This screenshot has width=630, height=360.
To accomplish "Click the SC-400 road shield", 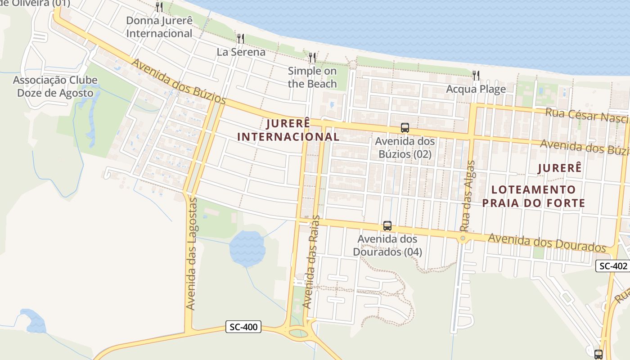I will pos(243,327).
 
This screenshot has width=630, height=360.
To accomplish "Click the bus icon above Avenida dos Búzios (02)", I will pos(405,128).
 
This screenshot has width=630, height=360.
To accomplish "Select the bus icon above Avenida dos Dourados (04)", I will pos(387,225).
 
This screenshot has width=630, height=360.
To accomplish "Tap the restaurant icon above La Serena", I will pos(241,39).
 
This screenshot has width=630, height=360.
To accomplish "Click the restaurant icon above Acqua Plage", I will pos(476,75).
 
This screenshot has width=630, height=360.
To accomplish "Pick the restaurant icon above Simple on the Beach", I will pos(312,58).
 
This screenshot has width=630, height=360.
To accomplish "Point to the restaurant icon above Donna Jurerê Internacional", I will pos(159,7).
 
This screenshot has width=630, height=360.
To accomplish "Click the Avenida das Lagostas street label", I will pos(191,253).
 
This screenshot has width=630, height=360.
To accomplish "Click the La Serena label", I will pos(241,52).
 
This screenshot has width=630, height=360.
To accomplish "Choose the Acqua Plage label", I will pos(476,89).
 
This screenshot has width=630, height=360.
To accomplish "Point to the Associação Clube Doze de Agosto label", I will pos(55,87).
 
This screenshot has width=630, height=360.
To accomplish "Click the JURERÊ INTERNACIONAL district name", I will pos(288,130).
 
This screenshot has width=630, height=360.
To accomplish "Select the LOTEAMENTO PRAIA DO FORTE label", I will pos(534,196).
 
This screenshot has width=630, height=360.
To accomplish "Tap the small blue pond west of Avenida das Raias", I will pos(247,248).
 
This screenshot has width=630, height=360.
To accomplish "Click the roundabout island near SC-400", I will pos(297,333).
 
